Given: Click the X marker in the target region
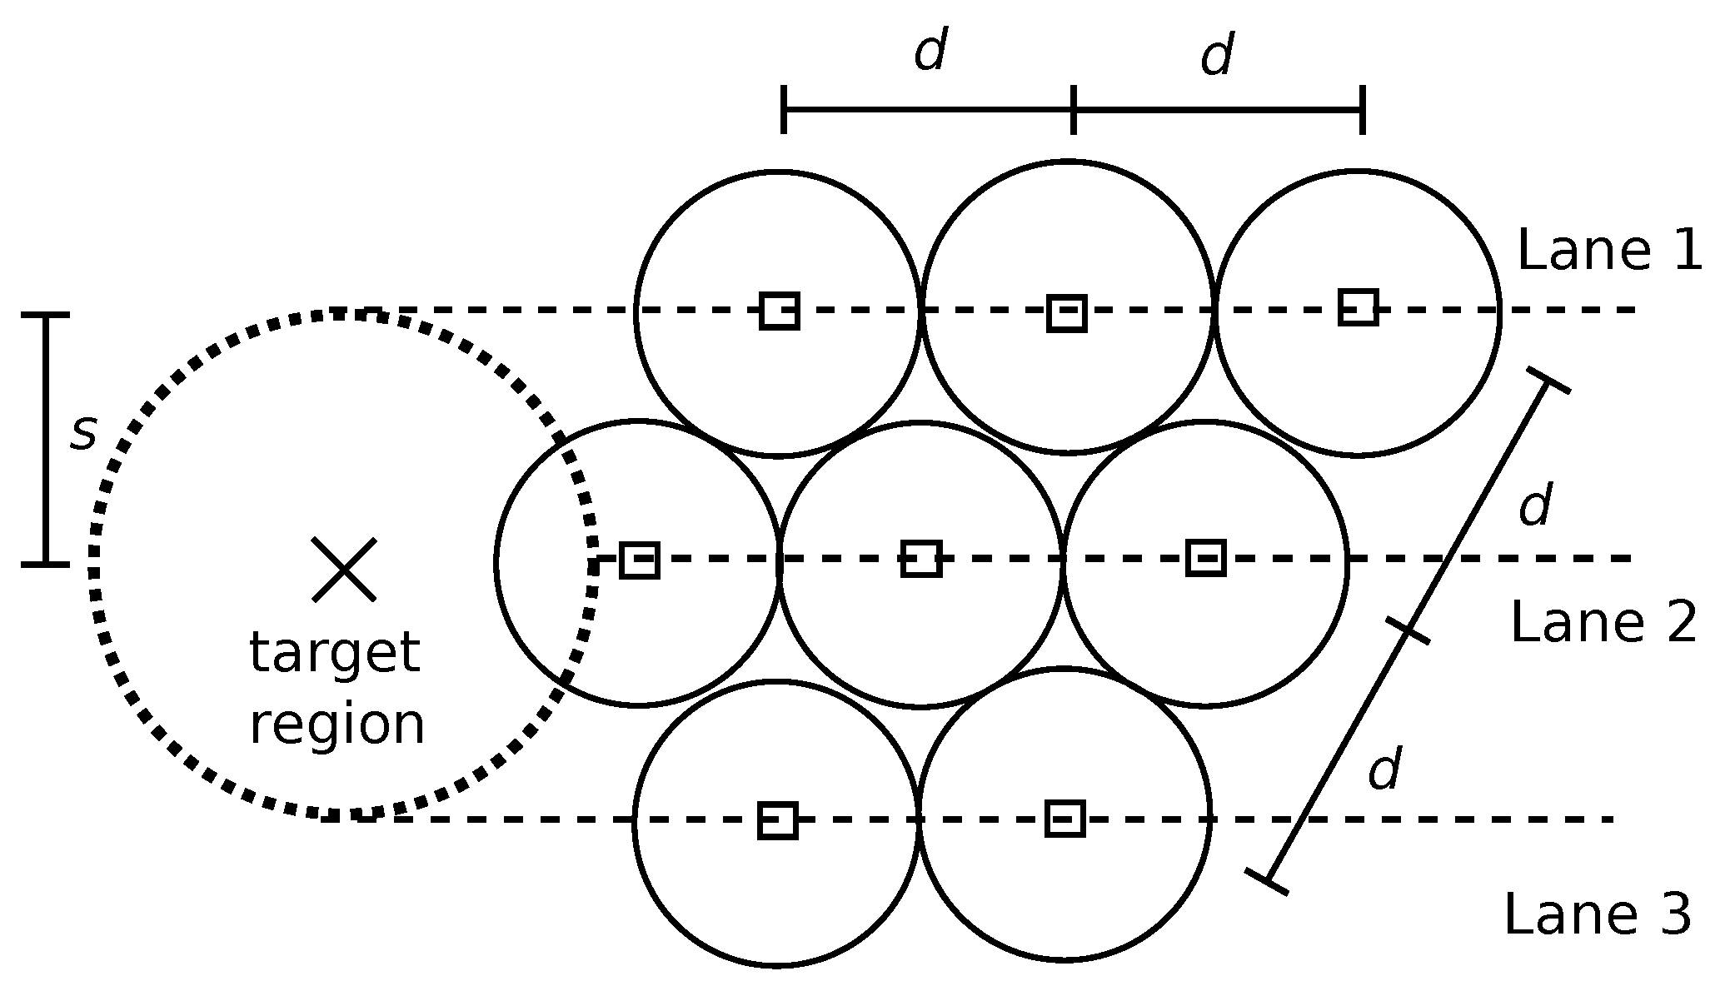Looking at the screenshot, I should (344, 570).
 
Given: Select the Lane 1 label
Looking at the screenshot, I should (1609, 251).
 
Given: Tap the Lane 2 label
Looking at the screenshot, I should (1603, 622).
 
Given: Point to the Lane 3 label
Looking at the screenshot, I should (1598, 914).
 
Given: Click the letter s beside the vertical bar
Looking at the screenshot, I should (83, 434).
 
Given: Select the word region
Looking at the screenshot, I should (337, 724).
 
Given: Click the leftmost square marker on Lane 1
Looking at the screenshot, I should (780, 311).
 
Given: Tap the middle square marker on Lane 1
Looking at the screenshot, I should (1066, 313).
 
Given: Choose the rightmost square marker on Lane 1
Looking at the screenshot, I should (1358, 306).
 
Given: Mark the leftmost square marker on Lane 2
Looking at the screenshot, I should (640, 560).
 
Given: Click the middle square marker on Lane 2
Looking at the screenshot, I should (921, 558).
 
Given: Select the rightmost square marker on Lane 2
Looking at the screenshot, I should (1205, 557).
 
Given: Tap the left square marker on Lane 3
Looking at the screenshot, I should (778, 820).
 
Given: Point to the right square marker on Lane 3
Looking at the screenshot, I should (1064, 818).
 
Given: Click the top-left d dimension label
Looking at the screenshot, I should (930, 52).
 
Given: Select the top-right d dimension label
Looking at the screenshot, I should (1217, 57).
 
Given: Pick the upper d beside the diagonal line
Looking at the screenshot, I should (1535, 505).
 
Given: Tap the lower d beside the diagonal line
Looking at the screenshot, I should (1385, 769).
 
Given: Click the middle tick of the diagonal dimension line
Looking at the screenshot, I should (1408, 630).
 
